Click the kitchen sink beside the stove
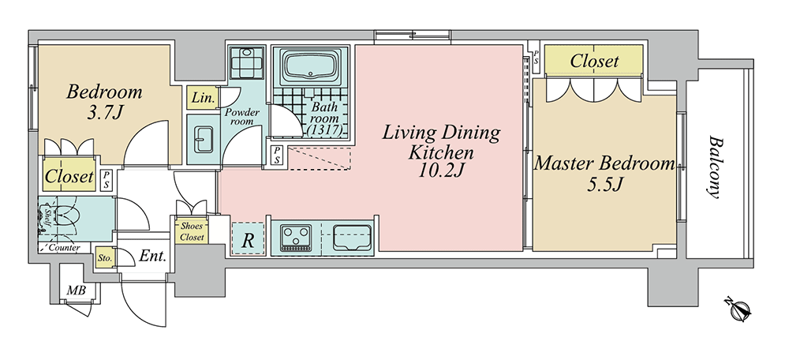point(352,237)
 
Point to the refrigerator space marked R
point(248,238)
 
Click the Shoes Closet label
point(192,231)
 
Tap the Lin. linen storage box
point(204,98)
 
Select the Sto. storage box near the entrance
point(105,258)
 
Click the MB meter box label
point(77,291)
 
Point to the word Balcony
point(714,167)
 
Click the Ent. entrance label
point(152,257)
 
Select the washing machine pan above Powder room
point(247,62)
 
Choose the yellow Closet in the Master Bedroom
point(594,61)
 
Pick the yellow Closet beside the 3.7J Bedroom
point(69,175)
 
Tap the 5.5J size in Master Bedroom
point(605,185)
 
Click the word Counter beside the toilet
point(65,248)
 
